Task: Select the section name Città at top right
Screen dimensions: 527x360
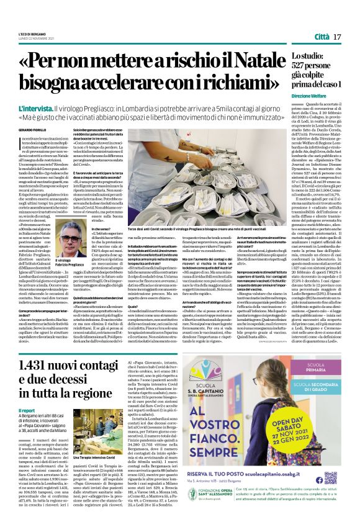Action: point(322,37)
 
